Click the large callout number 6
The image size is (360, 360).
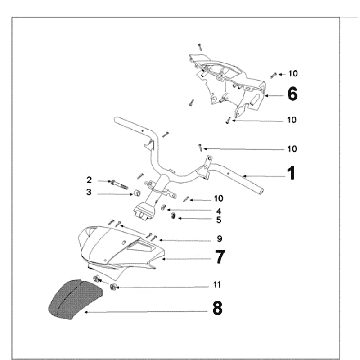292,94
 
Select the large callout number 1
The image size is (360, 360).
292,174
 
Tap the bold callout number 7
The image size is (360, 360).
220,257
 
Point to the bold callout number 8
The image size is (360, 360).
217,308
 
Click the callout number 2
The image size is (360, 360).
89,180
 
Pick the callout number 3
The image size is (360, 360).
89,192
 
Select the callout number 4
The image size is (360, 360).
218,211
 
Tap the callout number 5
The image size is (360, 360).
218,220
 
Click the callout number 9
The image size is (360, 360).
219,239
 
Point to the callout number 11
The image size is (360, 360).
217,285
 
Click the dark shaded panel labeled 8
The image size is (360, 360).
76,299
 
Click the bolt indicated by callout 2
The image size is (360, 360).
118,184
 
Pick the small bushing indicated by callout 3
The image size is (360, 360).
137,193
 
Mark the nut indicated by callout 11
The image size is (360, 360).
113,286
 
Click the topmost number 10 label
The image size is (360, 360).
293,74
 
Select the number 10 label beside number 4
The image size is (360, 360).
218,199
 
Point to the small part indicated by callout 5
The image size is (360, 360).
173,216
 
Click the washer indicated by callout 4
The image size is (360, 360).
163,208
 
